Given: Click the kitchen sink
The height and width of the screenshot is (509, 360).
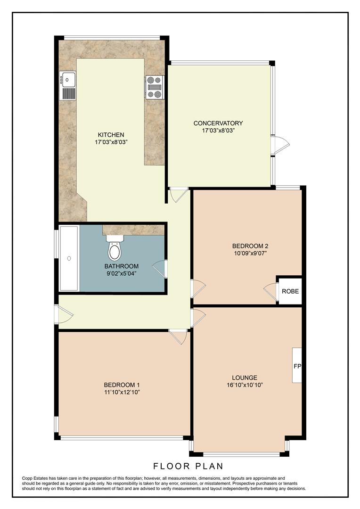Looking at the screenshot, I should (x=68, y=85).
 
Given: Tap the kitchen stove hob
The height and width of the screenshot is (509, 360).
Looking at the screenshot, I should (x=154, y=87).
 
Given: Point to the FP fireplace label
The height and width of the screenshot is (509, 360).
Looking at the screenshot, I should (x=297, y=366).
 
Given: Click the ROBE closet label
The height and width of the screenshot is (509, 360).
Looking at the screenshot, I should (x=290, y=291).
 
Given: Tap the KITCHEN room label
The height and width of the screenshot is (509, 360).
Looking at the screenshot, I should (x=111, y=134).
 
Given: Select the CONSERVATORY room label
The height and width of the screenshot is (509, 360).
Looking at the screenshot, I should (x=218, y=123).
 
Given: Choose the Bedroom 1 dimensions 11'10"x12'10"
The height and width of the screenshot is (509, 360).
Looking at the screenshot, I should (x=122, y=392).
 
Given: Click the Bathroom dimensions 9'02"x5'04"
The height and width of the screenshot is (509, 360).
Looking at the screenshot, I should (x=121, y=273).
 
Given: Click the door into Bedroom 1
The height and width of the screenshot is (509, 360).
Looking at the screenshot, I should (x=179, y=337).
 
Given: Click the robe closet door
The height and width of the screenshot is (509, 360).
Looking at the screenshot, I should (x=271, y=291).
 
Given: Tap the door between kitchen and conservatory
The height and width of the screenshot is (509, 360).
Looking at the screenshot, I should (x=179, y=194).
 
